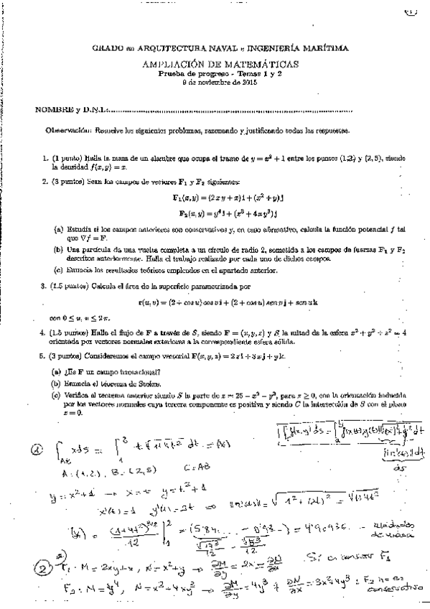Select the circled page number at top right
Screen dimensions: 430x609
pyautogui.click(x=411, y=11)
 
